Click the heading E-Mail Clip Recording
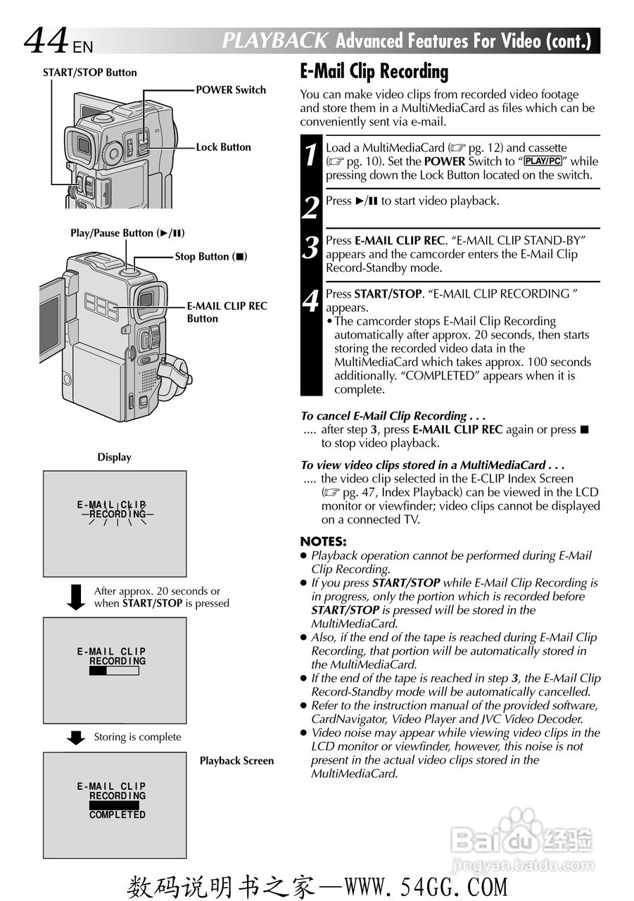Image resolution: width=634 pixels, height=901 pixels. (374, 72)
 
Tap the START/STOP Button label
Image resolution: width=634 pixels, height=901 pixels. (89, 73)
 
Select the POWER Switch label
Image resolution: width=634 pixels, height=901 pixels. (231, 90)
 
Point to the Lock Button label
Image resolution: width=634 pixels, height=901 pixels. (223, 147)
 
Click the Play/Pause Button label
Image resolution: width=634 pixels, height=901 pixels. (127, 233)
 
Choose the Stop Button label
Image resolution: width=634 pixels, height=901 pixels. (211, 257)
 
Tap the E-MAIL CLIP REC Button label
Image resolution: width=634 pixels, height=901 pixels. (227, 312)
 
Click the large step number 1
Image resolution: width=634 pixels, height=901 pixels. (311, 156)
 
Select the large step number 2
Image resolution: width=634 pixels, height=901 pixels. (311, 208)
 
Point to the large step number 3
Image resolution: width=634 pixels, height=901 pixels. (311, 248)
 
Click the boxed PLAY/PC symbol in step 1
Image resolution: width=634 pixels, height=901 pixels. (543, 161)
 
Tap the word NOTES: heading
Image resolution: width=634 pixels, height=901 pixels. (323, 541)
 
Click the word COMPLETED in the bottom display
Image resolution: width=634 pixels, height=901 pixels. (118, 814)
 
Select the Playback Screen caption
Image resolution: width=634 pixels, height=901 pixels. (236, 761)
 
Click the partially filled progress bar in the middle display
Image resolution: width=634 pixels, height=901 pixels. (114, 671)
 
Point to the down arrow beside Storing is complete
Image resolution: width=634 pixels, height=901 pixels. (75, 737)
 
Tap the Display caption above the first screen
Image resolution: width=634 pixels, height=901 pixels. (114, 458)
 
